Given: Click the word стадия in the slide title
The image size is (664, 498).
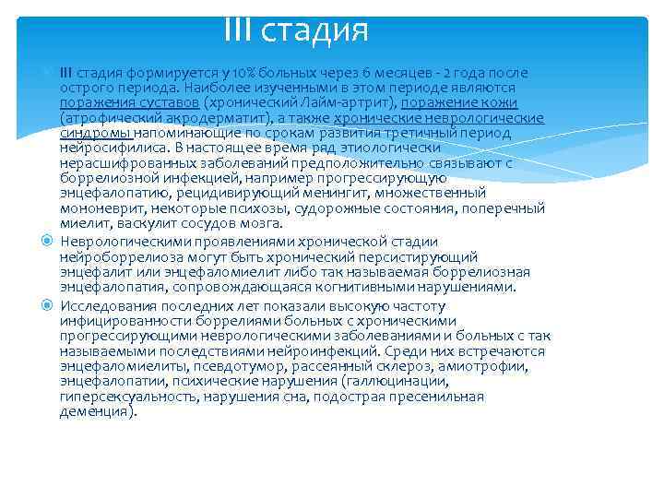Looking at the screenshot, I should coord(315,30).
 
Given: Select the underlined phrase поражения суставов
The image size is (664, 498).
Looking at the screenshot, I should coord(129,102).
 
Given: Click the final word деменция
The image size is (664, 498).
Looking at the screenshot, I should coord(96,411).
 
